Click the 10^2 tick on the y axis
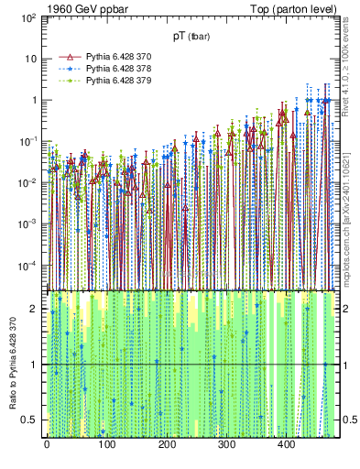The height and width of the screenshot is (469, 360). pos(28,17)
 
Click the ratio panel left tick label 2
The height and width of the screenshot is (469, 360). pos(37,309)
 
